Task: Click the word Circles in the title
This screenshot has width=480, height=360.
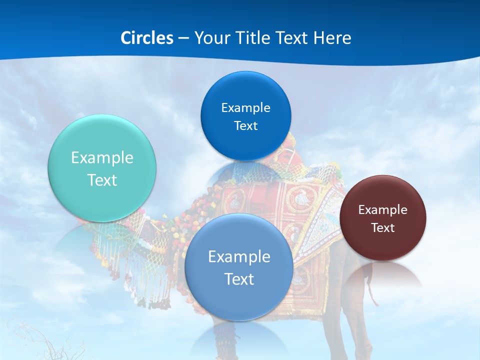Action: click(147, 37)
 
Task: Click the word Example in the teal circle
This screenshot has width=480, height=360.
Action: click(102, 158)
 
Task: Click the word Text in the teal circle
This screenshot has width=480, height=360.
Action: click(102, 180)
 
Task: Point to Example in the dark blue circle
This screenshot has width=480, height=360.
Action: click(245, 108)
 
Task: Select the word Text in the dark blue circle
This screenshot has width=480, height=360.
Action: click(245, 126)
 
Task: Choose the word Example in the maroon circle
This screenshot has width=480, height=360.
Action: click(383, 210)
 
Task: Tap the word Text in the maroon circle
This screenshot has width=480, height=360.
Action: click(383, 228)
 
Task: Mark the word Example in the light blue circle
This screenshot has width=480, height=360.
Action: click(239, 257)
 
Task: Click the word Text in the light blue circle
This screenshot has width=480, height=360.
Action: click(239, 279)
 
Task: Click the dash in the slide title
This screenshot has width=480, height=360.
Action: click(183, 38)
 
